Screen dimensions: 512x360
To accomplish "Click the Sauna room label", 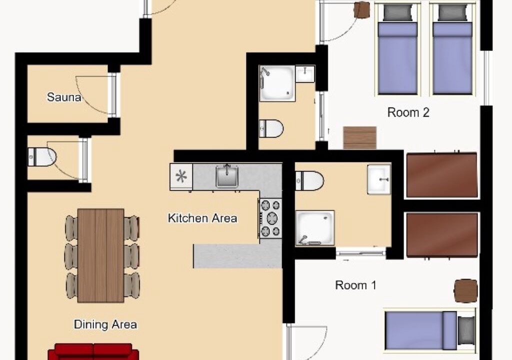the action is click(64, 97).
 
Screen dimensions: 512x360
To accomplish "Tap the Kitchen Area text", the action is click(202, 218).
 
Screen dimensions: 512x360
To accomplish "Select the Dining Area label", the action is click(105, 324).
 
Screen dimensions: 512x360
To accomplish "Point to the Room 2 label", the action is click(408, 112).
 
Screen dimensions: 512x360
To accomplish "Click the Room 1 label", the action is click(355, 285).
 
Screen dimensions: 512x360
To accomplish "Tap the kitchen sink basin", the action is click(227, 176).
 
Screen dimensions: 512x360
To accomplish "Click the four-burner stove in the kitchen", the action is click(270, 218).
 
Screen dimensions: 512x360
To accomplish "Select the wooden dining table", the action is click(101, 255).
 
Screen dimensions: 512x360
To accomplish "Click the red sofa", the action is click(93, 351).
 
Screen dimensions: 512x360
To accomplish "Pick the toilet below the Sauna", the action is click(42, 157).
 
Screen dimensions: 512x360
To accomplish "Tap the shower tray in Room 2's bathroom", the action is click(277, 83).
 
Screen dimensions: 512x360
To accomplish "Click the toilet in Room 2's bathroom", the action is click(271, 128).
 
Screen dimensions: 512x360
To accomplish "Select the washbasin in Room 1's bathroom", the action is click(379, 179).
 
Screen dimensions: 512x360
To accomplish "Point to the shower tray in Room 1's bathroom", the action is click(315, 228).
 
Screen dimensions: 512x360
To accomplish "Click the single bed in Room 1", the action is click(430, 330).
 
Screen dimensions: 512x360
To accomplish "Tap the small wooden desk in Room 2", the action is click(360, 138).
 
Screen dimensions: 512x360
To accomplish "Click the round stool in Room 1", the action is click(466, 290).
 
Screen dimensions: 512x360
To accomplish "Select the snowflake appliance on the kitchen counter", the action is click(181, 176).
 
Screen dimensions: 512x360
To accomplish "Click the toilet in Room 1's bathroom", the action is click(309, 180).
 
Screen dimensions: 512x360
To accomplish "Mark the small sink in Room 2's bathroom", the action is click(305, 74).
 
